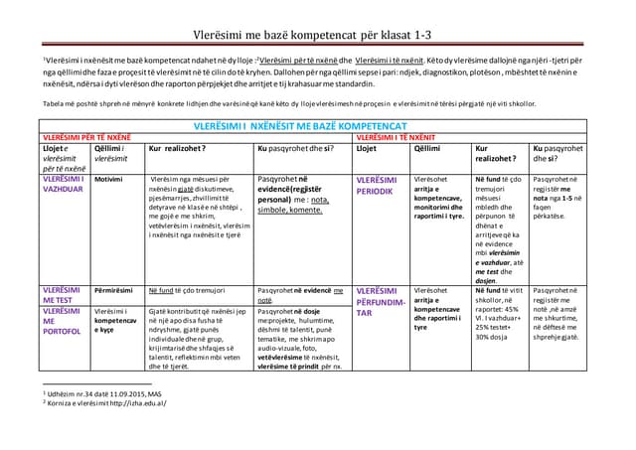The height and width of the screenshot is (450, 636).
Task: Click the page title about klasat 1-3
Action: point(311,33)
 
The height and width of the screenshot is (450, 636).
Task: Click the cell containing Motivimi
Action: point(108,179)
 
